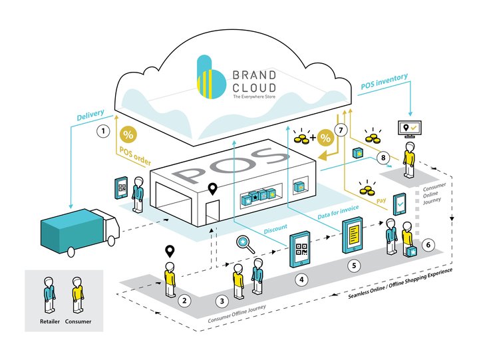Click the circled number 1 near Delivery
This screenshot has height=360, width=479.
(x=102, y=132)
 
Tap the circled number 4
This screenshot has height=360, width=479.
(x=302, y=281)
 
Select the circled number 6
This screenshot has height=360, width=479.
(x=428, y=245)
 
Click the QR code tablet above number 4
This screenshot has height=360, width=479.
(x=300, y=249)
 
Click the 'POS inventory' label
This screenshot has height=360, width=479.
(x=385, y=85)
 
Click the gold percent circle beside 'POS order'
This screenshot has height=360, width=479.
(x=128, y=134)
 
